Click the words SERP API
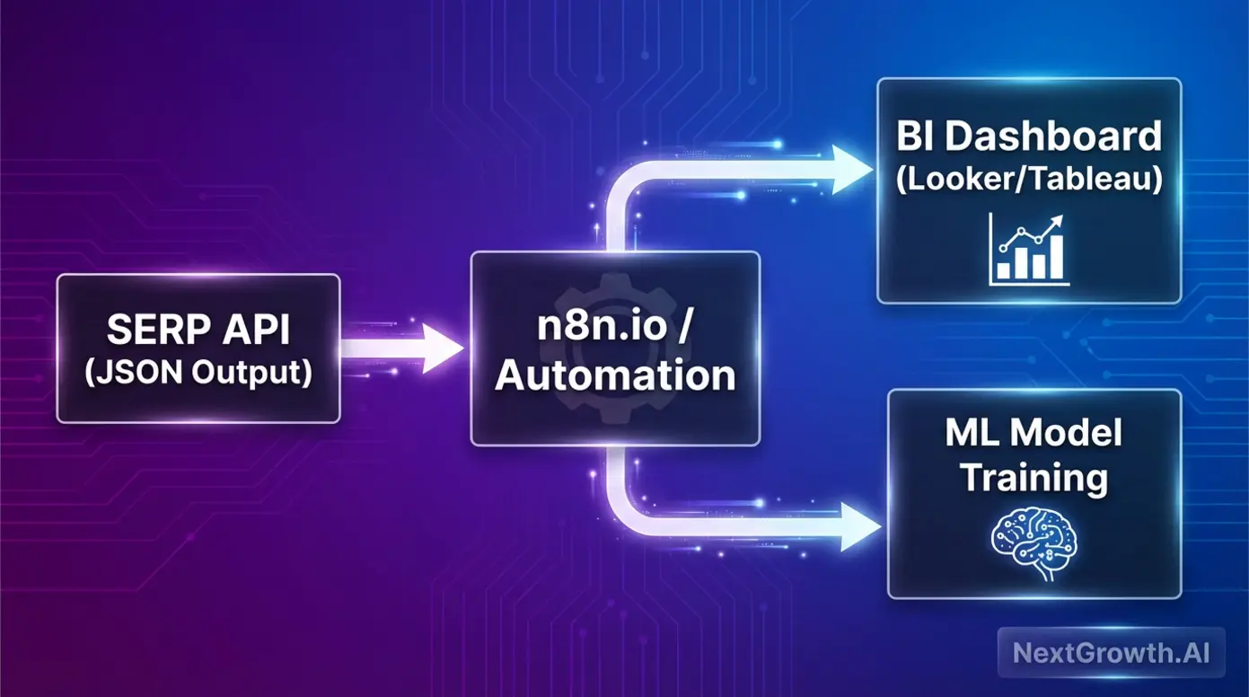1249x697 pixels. click(x=198, y=331)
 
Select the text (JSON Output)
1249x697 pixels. click(x=198, y=373)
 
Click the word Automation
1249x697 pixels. click(x=615, y=375)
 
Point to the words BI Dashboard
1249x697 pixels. click(x=1028, y=137)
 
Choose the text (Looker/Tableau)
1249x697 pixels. click(x=1028, y=180)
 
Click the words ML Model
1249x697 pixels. click(x=1034, y=434)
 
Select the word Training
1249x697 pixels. click(x=1034, y=478)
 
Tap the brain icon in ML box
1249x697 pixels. click(x=1033, y=540)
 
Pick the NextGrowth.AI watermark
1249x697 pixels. click(x=1111, y=652)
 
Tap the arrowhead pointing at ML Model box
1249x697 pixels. click(x=860, y=527)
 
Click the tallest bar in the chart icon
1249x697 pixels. click(x=1056, y=257)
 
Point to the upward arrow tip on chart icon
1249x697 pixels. click(x=1060, y=219)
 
